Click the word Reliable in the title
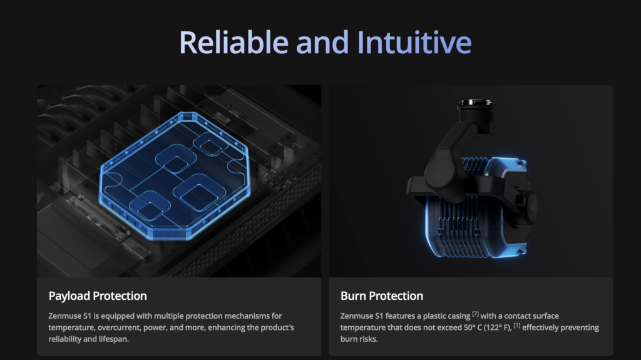coord(234,42)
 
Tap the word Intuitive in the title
coord(414,42)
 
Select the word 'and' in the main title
coord(322,42)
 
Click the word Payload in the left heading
coord(69,296)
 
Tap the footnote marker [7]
coord(476,314)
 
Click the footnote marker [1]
coord(517,325)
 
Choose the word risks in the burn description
coord(369,339)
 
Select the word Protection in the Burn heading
coord(396,296)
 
